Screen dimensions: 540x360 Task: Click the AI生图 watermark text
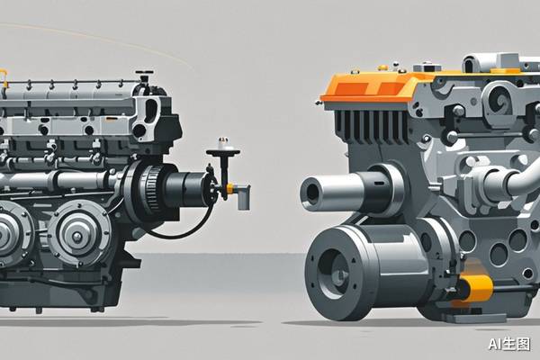pos(509,344)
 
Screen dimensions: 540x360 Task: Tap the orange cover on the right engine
pos(372,88)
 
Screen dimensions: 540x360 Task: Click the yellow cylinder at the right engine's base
pos(476,286)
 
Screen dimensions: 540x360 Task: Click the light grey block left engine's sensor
pos(244,197)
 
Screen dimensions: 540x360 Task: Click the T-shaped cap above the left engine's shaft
pos(223,151)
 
